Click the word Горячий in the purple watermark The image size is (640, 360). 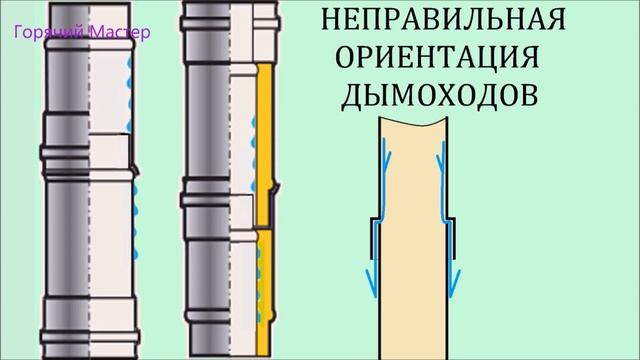point(41,32)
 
